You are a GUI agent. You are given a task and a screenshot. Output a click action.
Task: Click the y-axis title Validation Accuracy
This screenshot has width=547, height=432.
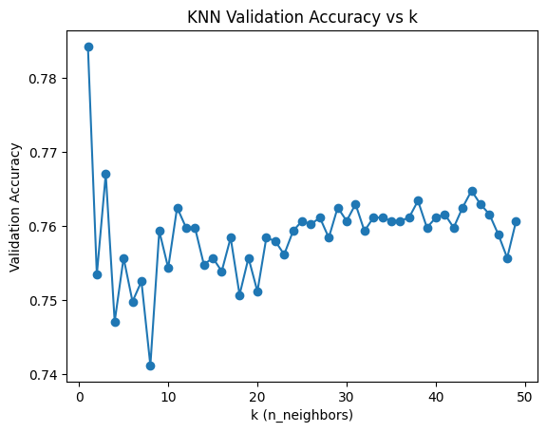click(16, 207)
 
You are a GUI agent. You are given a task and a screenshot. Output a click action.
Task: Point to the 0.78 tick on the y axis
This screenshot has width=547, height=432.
click(46, 78)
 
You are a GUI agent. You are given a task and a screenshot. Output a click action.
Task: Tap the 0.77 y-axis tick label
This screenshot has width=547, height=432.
click(46, 152)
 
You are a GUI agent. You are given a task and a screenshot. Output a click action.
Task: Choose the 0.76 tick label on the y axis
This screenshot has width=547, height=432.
click(46, 226)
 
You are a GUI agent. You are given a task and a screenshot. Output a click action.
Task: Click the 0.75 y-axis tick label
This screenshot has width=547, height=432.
click(46, 300)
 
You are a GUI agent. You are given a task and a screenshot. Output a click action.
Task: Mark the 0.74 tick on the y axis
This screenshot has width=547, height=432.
click(46, 374)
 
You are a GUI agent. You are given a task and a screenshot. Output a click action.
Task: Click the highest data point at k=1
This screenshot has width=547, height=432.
click(88, 47)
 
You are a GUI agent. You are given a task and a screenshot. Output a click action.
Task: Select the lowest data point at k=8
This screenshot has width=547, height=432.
click(150, 366)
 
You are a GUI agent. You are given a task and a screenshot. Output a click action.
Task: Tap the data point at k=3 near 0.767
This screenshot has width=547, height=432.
click(105, 174)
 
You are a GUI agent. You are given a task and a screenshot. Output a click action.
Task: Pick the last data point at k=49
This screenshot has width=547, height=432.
click(516, 221)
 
